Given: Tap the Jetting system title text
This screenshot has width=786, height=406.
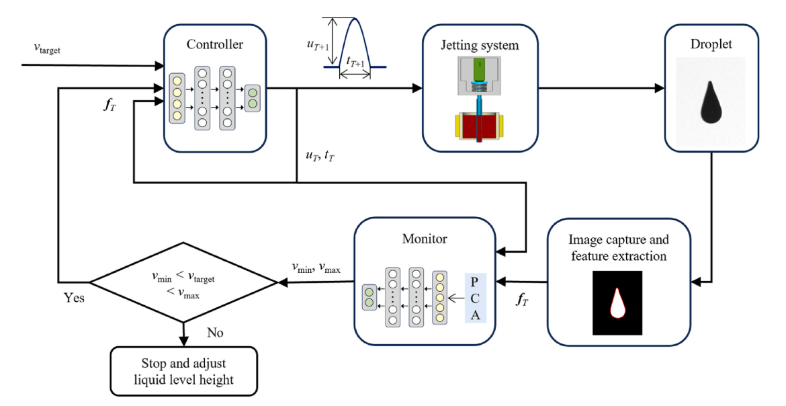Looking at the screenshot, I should click(x=480, y=46).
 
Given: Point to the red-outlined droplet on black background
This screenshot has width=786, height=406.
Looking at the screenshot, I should click(x=617, y=302).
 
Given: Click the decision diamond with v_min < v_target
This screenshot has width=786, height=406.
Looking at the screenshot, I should click(x=183, y=282).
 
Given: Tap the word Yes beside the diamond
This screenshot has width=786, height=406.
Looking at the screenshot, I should click(x=74, y=297).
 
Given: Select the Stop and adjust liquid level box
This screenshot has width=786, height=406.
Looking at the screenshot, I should click(x=183, y=372).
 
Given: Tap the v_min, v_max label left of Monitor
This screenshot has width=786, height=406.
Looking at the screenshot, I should click(x=316, y=268).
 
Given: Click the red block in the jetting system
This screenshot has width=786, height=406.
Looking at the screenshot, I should click(x=480, y=127).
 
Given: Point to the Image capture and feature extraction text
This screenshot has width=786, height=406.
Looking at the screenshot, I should click(x=618, y=247).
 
